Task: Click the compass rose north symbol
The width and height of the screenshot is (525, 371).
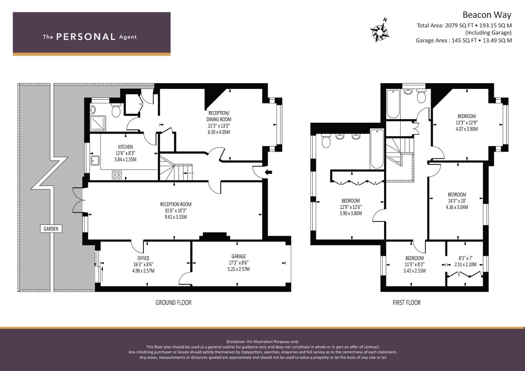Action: (380, 31)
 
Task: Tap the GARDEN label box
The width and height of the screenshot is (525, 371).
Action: (51, 229)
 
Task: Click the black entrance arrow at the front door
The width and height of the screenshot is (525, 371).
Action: (269, 172)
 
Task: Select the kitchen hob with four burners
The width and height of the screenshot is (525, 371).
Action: (117, 175)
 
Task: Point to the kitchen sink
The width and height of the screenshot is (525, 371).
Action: (95, 161)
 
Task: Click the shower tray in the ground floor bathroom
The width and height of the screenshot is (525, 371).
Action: (98, 123)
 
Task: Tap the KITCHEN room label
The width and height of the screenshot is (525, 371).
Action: (125, 147)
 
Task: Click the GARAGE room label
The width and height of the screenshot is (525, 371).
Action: (239, 257)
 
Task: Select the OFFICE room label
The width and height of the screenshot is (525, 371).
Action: (143, 258)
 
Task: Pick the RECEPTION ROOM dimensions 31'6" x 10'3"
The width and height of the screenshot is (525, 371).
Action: (176, 211)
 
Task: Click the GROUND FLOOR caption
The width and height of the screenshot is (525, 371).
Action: (173, 303)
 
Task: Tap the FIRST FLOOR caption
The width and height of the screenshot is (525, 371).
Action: (407, 303)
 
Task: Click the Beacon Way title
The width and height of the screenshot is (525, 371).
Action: (487, 15)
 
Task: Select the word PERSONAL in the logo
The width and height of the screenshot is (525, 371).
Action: (86, 37)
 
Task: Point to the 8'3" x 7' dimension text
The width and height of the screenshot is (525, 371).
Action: (466, 258)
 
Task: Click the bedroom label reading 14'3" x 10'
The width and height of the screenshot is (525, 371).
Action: (457, 201)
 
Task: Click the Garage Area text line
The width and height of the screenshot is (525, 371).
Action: (463, 41)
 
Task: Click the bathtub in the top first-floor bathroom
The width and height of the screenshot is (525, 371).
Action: (393, 104)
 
